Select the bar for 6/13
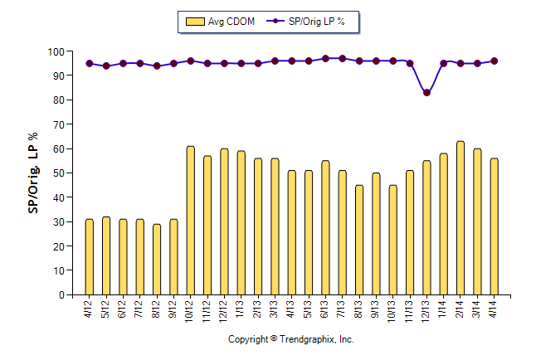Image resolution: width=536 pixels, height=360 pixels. point(325,228)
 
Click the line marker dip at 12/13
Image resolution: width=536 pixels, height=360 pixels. point(426,93)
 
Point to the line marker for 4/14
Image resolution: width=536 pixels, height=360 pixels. point(495,61)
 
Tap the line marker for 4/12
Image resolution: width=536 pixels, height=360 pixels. point(90,63)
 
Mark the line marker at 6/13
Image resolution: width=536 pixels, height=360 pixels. point(325,59)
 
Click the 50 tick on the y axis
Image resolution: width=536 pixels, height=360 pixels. point(59,173)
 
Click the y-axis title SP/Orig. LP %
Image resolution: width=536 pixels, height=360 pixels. point(34,173)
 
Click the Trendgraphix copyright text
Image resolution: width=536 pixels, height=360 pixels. point(291,340)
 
